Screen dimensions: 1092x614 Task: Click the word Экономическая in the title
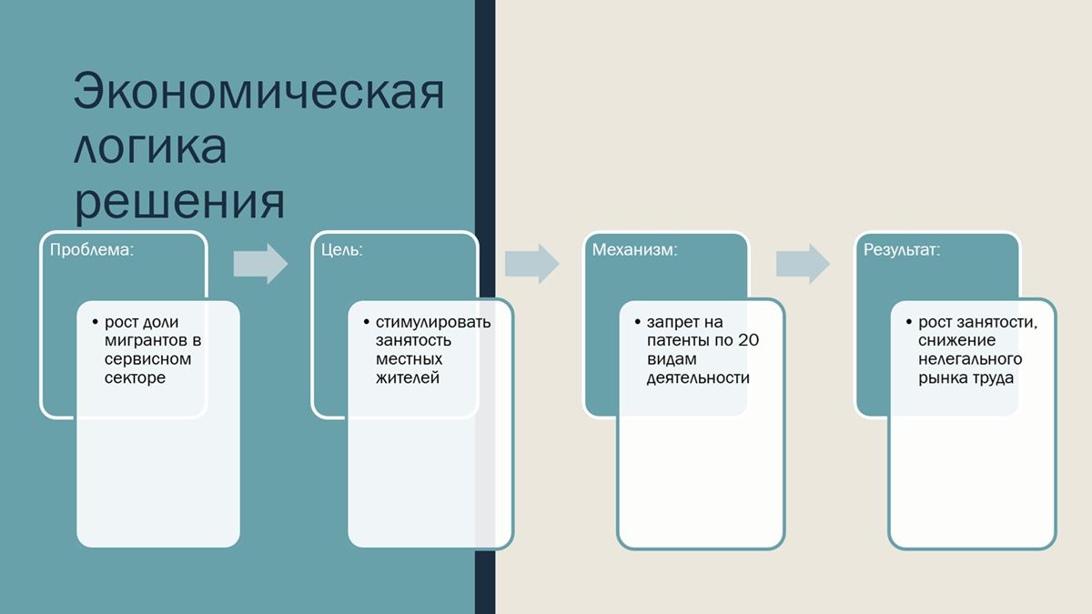click(x=258, y=91)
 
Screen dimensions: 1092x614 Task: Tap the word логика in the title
click(x=150, y=146)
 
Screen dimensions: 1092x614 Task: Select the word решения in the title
click(x=179, y=201)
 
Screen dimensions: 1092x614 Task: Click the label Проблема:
click(x=92, y=249)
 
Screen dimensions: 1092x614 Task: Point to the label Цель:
click(x=342, y=250)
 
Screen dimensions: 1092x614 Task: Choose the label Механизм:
click(x=635, y=249)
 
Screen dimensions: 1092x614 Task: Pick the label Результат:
click(x=902, y=250)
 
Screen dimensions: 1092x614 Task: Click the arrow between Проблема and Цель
click(x=261, y=264)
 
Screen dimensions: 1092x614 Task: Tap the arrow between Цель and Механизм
click(x=531, y=264)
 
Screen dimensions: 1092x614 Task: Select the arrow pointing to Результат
click(x=803, y=264)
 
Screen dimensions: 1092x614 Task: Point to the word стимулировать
click(x=433, y=322)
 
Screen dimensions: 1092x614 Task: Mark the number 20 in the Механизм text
click(x=748, y=340)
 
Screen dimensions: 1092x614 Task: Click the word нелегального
click(x=970, y=359)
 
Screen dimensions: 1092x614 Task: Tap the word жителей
click(x=408, y=378)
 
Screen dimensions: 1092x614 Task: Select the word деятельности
click(x=698, y=378)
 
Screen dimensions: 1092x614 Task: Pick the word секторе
click(x=135, y=377)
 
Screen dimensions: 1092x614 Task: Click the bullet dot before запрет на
click(x=638, y=322)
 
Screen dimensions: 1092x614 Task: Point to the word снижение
click(x=957, y=340)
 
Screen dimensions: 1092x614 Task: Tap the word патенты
click(x=680, y=340)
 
